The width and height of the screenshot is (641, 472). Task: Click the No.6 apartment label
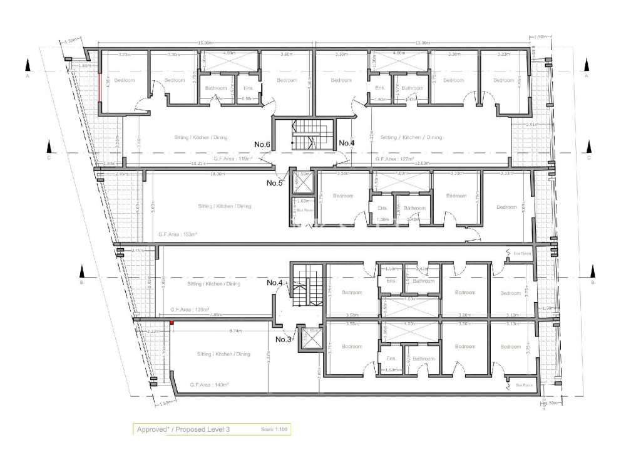[262, 145]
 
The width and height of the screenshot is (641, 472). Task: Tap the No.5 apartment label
[275, 183]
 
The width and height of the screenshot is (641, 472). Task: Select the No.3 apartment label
[284, 340]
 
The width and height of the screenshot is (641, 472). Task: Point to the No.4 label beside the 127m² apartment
[347, 144]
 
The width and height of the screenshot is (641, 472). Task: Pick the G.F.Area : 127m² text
[396, 159]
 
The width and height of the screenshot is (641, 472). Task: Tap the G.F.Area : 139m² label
[189, 310]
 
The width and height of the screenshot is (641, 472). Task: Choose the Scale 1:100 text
[274, 429]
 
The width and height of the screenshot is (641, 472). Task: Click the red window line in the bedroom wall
[100, 88]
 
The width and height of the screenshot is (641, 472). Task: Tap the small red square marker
[171, 323]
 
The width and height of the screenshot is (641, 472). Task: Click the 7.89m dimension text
[217, 314]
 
